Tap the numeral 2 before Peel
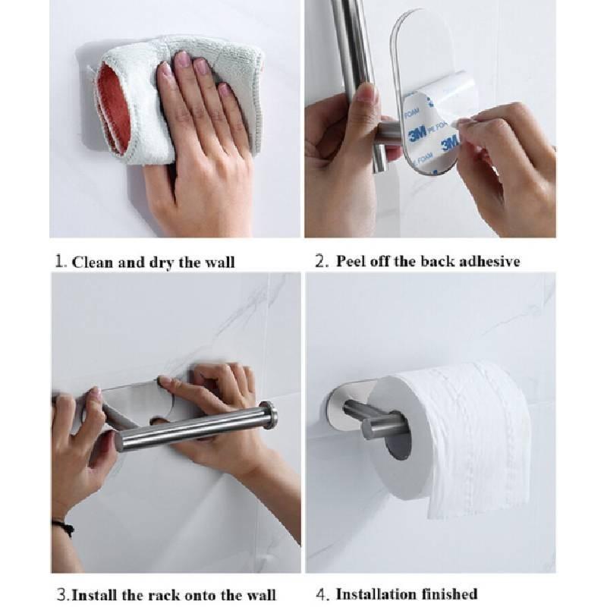[320, 261]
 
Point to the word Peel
[351, 261]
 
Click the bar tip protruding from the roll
[374, 428]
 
